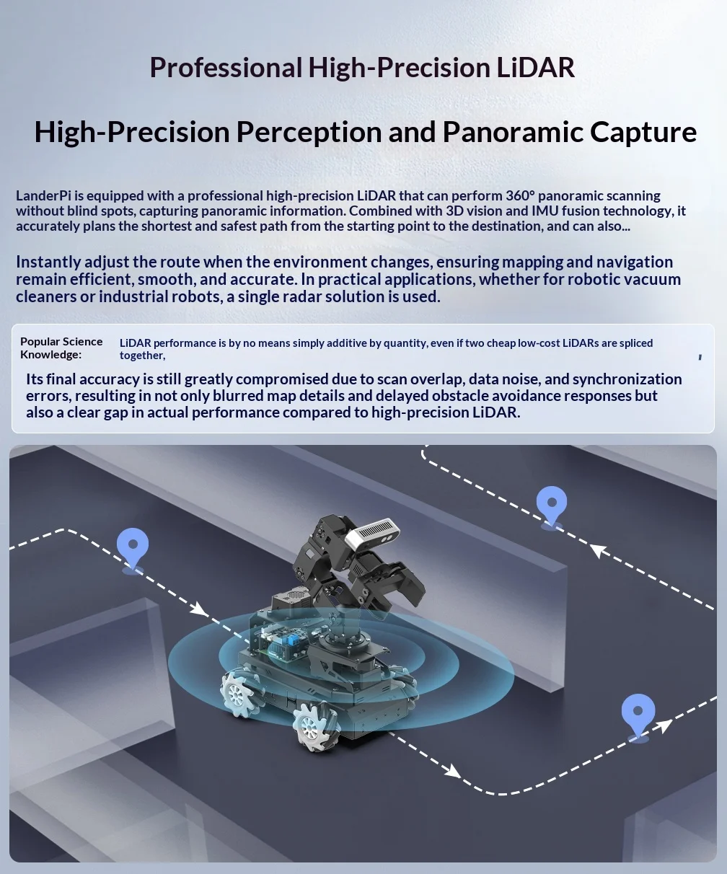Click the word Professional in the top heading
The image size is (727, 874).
(x=226, y=68)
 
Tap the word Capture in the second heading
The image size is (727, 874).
(x=643, y=132)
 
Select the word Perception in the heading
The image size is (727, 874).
(x=309, y=132)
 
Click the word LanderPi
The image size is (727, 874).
(x=43, y=196)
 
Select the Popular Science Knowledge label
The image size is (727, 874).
(x=61, y=348)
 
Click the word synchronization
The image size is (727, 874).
(x=627, y=379)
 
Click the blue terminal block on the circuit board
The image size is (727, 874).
(x=292, y=639)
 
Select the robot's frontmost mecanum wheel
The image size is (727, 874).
(x=312, y=728)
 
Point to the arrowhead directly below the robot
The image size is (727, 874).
(x=453, y=771)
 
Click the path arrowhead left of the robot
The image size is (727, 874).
(x=198, y=610)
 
